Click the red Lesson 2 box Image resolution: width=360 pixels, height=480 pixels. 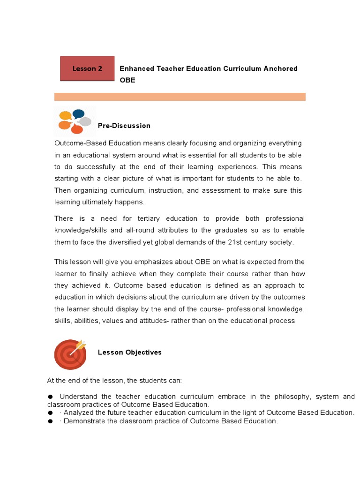[87, 68]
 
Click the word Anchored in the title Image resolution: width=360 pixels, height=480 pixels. [280, 68]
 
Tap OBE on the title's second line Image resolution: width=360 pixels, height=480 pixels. [127, 80]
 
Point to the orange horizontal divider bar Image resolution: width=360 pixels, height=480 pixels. [180, 97]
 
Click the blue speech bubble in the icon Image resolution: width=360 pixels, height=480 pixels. [78, 113]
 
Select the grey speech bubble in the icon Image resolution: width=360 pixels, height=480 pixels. [85, 122]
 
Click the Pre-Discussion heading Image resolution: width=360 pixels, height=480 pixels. [124, 126]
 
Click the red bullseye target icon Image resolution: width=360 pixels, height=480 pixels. [70, 354]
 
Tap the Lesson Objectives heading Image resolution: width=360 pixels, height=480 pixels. [129, 352]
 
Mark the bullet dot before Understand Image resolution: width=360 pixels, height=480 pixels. [50, 397]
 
